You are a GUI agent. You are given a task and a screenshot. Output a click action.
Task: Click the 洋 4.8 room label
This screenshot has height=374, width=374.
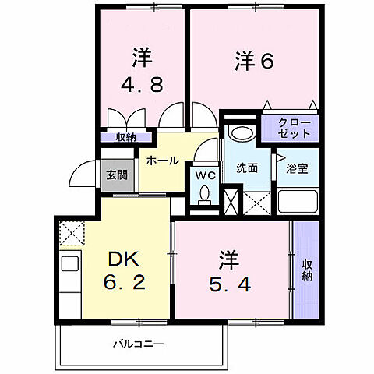[141, 72]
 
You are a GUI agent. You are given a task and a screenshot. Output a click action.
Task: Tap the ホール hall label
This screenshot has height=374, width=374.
[162, 161]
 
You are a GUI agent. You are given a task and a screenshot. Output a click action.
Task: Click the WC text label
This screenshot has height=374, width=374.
[206, 175]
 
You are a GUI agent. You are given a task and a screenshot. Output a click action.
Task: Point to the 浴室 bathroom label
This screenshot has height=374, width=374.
[296, 167]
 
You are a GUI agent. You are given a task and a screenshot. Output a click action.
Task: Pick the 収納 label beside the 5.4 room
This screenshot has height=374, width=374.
[307, 270]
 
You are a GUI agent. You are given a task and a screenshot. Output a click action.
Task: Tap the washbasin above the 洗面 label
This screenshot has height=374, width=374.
[241, 133]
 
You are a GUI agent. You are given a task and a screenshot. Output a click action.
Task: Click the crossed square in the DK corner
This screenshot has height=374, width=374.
[72, 232]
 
